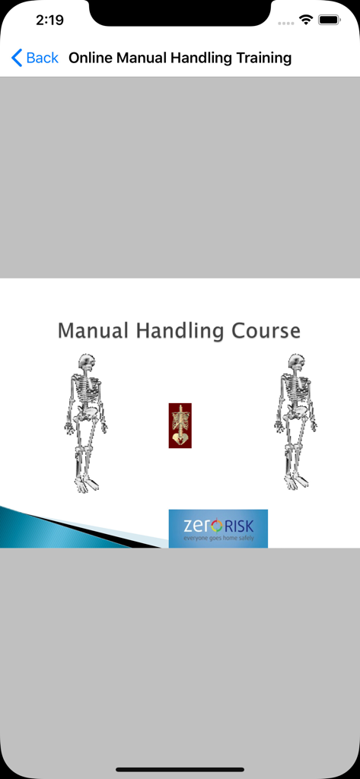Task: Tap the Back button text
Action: [x=42, y=58]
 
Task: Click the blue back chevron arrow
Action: [x=17, y=58]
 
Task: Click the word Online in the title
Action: [x=91, y=58]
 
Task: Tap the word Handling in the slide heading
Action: [x=180, y=332]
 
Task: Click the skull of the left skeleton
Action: [x=87, y=363]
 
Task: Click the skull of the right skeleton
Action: [x=297, y=363]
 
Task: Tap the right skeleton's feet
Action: [x=296, y=481]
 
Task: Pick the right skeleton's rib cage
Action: [x=295, y=392]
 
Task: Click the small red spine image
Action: [x=180, y=426]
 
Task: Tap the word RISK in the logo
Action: [x=239, y=525]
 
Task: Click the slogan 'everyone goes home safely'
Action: [x=218, y=539]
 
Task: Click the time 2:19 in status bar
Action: [x=49, y=21]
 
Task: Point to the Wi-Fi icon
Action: [x=306, y=21]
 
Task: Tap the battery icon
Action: [x=330, y=21]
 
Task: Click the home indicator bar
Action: [x=180, y=769]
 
